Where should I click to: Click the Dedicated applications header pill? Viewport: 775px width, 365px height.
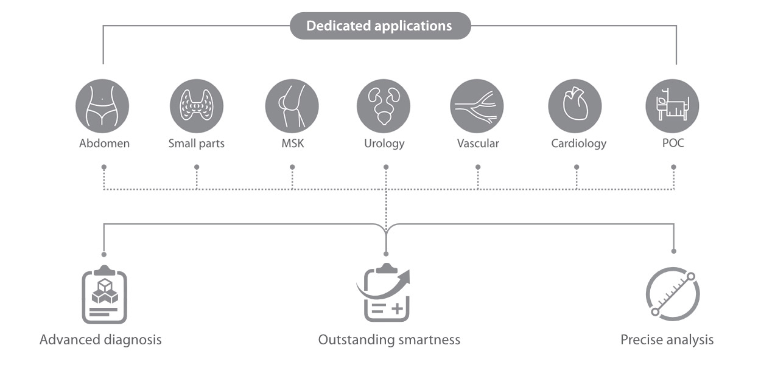tap(379, 26)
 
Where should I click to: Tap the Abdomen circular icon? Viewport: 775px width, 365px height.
tap(102, 106)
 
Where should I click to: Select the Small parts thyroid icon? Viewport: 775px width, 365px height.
tap(196, 106)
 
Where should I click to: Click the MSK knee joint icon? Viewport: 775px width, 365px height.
tap(292, 106)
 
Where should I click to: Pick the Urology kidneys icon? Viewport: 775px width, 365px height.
tap(384, 106)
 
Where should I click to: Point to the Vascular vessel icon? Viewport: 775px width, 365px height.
tap(477, 106)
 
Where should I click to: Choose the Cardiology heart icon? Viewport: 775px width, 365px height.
tap(575, 106)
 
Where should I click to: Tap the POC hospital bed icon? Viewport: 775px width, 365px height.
tap(672, 106)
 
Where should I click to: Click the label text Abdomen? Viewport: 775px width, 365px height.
tap(104, 144)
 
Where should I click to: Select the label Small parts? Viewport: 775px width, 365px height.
tap(196, 144)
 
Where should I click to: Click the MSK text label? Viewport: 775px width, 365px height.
tap(292, 144)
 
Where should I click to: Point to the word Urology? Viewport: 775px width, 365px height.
tap(384, 144)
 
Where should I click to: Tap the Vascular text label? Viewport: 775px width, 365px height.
tap(478, 144)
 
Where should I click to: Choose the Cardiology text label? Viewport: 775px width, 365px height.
tap(578, 144)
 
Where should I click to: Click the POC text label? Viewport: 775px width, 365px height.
tap(673, 144)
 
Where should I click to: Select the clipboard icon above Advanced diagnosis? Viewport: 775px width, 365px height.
tap(104, 295)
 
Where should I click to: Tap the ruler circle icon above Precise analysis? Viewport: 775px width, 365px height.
tap(673, 294)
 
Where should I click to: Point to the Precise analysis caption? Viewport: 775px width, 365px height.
tap(667, 339)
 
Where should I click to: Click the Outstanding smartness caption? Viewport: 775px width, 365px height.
tap(389, 339)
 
